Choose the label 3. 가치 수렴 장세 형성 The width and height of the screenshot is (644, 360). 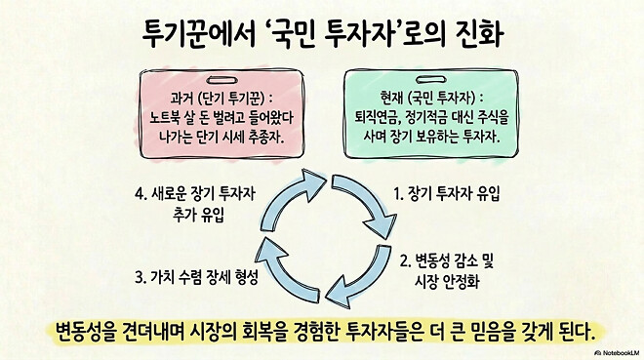pyautogui.click(x=199, y=276)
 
